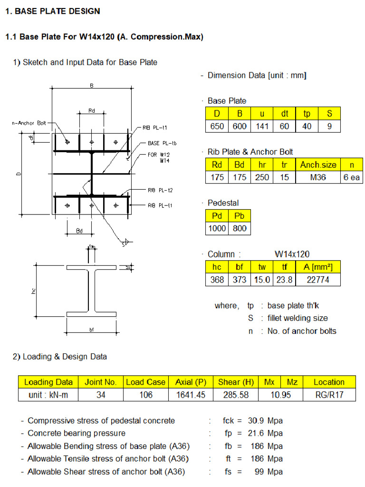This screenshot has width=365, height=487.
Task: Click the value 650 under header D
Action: point(217,126)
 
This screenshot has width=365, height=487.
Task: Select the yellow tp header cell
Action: point(307,114)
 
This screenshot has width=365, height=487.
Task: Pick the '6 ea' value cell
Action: point(352,177)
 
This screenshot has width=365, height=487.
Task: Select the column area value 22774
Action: point(318,280)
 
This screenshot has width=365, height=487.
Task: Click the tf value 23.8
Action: point(284,280)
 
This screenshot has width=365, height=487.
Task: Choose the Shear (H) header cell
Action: point(236,382)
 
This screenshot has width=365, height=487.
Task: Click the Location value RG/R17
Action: point(329,395)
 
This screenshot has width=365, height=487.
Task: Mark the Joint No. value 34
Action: point(101,395)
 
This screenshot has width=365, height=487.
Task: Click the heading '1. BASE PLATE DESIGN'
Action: point(52,11)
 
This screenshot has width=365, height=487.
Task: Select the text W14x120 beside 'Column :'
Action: point(292,254)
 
